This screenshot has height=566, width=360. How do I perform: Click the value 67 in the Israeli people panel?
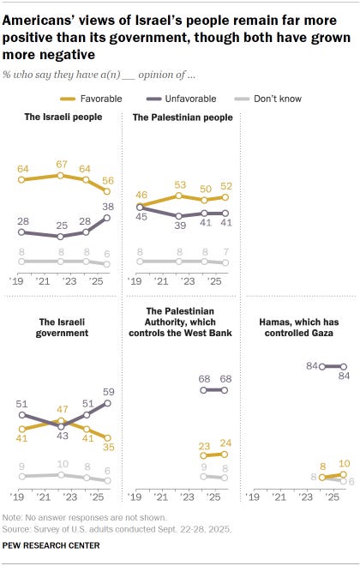click(60, 164)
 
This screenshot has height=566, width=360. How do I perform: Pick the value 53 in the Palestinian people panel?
click(179, 184)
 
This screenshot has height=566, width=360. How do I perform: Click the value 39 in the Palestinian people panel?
click(179, 225)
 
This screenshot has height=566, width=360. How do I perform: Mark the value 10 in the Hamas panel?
click(343, 463)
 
